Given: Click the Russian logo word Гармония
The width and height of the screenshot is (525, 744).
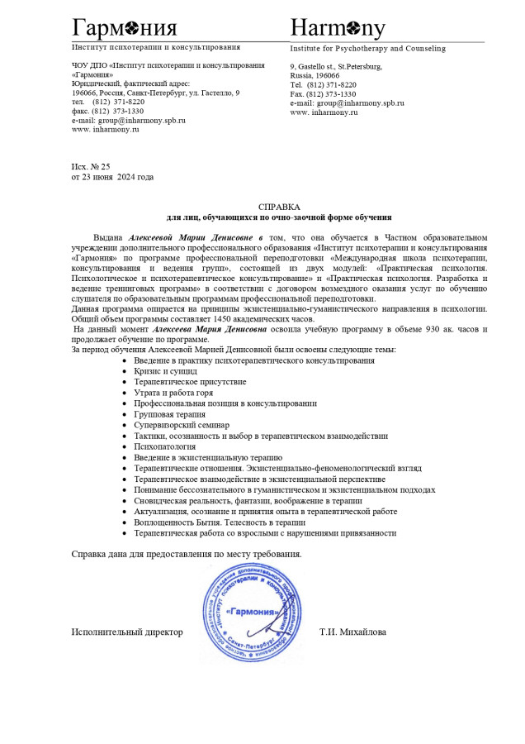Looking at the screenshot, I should point(124,28).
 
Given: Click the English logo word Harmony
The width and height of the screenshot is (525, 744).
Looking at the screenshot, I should point(338,28).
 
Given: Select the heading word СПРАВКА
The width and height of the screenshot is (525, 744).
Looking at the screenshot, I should point(279,207).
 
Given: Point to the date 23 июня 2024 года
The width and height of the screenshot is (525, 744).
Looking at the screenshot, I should point(117,177).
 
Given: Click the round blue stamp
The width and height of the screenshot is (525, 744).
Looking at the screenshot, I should point(253,612).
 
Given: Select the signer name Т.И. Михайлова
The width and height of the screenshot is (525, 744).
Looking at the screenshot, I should point(352,632).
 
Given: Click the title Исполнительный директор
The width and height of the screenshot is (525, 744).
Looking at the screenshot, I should point(127,632).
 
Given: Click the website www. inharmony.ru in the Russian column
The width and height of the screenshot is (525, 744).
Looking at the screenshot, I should point(106,130).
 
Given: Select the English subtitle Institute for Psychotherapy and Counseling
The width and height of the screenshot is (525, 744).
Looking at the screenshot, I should point(367,49).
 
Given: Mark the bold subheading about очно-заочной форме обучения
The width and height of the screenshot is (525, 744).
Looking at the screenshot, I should point(279,217).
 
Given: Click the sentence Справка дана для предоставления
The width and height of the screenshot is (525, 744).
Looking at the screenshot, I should point(187,553).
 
